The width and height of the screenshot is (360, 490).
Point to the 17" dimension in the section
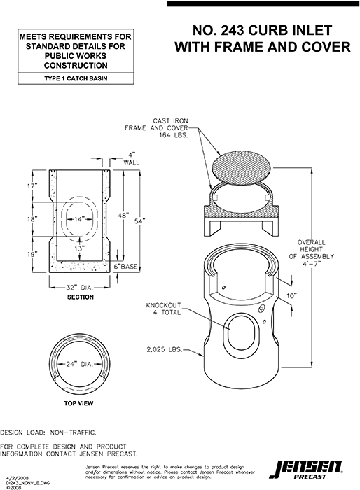[x=31, y=186]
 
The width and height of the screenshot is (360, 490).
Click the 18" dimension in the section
[x=31, y=219]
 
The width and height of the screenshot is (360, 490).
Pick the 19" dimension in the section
[x=31, y=254]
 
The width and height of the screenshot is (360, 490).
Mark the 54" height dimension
[x=140, y=220]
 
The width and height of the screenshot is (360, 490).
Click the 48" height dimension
[x=123, y=216]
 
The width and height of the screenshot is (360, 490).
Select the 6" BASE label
[x=127, y=267]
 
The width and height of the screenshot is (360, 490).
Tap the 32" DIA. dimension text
[x=80, y=287]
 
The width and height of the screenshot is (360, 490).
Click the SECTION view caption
[x=80, y=297]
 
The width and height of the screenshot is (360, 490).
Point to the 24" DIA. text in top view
[x=80, y=364]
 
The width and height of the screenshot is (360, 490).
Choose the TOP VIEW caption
[x=80, y=404]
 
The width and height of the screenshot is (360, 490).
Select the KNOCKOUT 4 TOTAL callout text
[x=163, y=309]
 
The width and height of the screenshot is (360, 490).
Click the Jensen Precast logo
[x=319, y=468]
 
